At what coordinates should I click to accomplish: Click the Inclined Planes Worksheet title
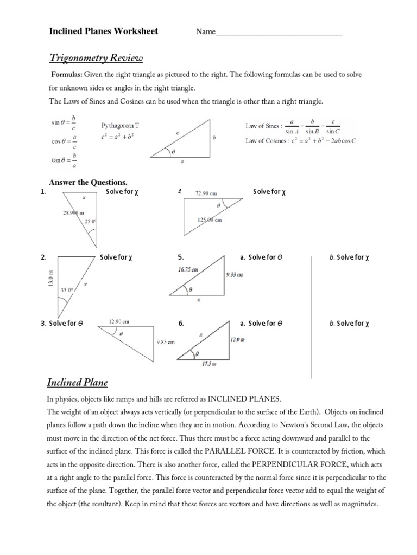point(104,31)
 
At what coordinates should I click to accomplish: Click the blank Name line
point(279,33)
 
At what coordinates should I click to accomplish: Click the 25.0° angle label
point(90,221)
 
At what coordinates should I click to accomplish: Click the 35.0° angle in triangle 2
point(66,290)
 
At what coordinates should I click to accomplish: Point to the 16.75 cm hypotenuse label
point(187,268)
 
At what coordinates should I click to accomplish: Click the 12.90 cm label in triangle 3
point(119,322)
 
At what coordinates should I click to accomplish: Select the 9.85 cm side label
point(166,342)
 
